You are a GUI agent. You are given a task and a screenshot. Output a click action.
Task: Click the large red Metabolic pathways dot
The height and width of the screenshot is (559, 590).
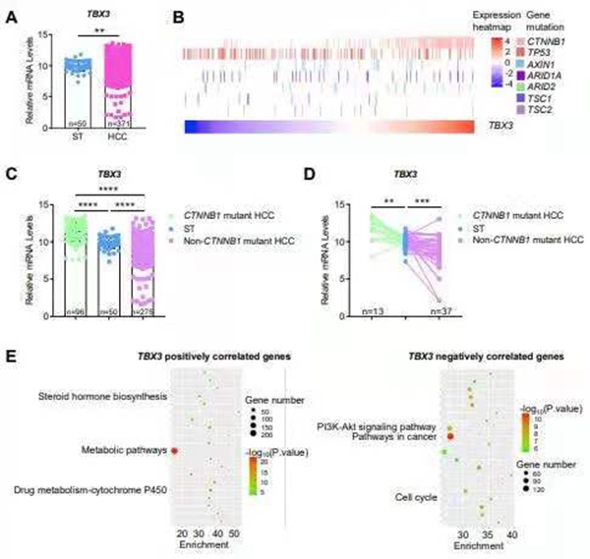(x=175, y=451)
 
